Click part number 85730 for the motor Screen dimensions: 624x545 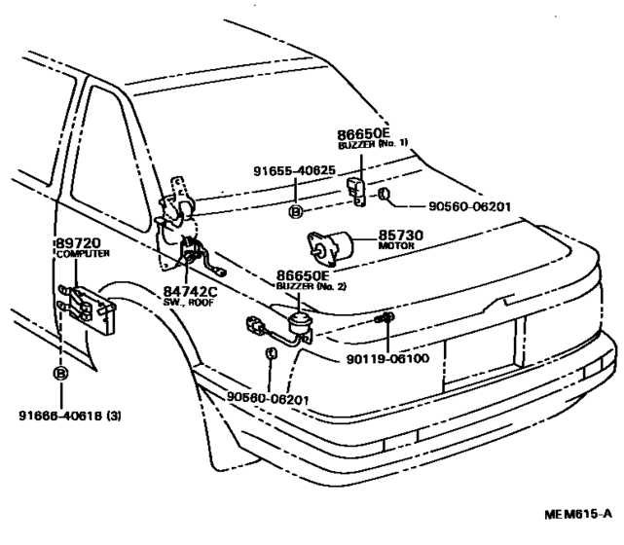401,236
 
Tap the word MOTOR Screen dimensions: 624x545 396,246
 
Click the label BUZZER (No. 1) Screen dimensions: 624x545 373,144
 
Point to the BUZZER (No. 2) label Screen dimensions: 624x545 311,286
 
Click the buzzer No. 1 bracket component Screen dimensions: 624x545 357,192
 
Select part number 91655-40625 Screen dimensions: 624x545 295,170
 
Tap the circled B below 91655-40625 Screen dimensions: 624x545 295,212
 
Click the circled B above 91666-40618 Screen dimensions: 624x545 60,374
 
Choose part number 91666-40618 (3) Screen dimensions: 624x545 70,416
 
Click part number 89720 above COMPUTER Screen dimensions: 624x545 78,243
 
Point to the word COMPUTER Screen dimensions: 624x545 83,254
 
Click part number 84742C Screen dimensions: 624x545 190,292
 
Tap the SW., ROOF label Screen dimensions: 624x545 189,303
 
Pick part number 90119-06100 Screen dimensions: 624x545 387,359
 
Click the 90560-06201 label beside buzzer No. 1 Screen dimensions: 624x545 469,207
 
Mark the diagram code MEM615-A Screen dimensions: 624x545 578,514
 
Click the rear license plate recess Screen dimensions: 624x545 482,352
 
